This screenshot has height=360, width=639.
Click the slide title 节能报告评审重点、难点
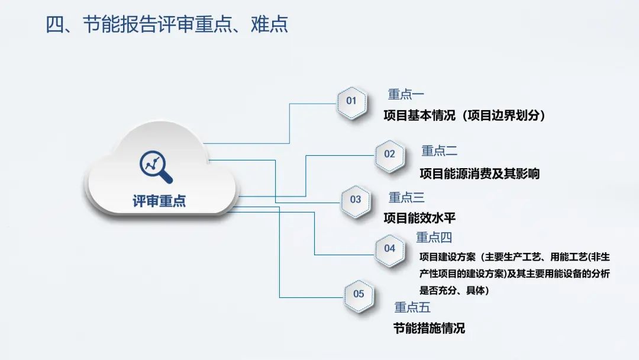[x=166, y=24]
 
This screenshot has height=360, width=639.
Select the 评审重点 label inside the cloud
[x=159, y=201]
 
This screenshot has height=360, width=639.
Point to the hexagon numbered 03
[x=356, y=201]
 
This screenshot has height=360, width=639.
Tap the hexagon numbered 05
[x=359, y=295]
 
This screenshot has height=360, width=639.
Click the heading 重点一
[x=406, y=95]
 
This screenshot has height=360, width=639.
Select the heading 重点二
[x=439, y=151]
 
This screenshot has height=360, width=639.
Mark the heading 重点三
[x=406, y=197]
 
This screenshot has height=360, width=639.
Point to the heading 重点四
[x=434, y=237]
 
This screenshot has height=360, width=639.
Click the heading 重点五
[x=412, y=307]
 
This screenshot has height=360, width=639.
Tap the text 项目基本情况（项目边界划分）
[x=464, y=115]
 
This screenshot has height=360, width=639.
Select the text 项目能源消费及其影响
[x=480, y=173]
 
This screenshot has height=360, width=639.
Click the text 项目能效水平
[x=419, y=218]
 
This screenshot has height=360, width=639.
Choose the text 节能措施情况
[x=429, y=328]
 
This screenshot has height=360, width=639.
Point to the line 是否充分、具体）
[x=454, y=290]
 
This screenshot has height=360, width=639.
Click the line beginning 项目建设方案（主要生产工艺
[x=515, y=257]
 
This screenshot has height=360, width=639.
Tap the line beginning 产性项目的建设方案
[x=515, y=274]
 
